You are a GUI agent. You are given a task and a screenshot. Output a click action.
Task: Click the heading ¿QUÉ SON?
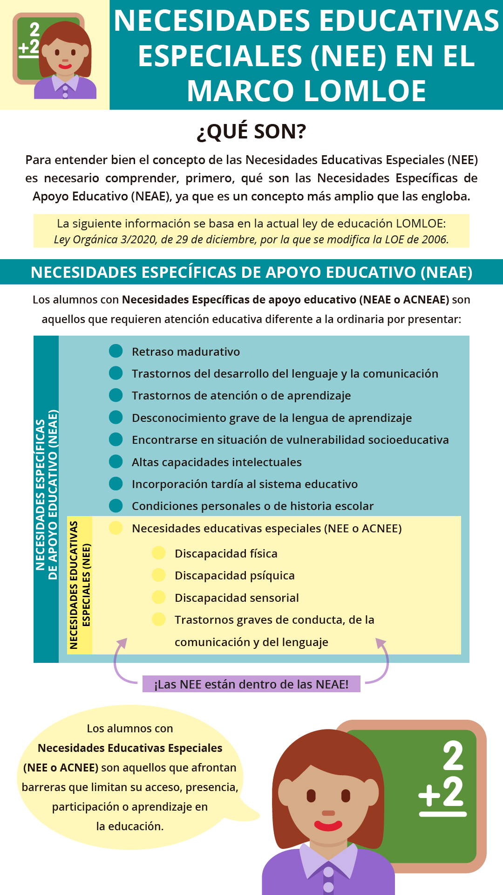(251, 131)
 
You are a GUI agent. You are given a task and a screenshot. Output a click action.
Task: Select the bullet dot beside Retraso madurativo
(116, 351)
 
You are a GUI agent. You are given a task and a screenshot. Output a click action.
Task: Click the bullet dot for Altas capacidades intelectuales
(116, 461)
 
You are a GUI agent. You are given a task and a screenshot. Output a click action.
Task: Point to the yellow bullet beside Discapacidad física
(159, 553)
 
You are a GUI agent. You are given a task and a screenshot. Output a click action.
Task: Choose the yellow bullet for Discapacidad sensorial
(159, 597)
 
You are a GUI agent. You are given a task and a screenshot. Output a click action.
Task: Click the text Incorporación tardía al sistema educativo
(245, 484)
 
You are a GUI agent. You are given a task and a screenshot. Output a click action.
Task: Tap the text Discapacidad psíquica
(234, 575)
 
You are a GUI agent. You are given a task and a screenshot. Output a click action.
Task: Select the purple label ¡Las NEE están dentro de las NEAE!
(251, 684)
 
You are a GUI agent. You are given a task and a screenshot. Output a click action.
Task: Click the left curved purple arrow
(119, 662)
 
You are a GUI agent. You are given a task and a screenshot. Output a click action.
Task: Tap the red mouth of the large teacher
(328, 826)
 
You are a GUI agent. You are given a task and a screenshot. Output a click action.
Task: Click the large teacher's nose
(328, 813)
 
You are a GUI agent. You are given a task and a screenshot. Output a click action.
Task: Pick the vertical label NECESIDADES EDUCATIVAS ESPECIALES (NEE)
(80, 585)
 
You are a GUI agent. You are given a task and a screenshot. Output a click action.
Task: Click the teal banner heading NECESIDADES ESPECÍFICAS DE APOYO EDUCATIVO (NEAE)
(251, 272)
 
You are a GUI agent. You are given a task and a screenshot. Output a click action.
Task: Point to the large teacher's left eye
(311, 795)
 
